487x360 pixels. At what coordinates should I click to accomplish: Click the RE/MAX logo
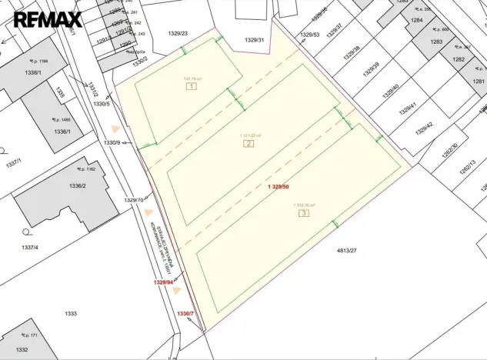[47, 19]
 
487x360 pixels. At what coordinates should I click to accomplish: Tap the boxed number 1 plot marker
[192, 87]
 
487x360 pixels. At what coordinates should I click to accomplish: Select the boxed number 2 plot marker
[249, 144]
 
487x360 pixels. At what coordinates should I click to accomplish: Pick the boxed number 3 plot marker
[304, 213]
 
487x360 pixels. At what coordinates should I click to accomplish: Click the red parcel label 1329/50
[279, 187]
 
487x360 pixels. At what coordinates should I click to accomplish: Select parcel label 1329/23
[178, 33]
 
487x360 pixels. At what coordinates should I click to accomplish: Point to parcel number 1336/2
[77, 185]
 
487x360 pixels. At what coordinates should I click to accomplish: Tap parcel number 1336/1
[62, 132]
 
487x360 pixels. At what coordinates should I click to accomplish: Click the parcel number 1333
[70, 314]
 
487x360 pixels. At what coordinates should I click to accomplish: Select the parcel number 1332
[22, 350]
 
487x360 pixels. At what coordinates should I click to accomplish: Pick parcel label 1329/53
[310, 35]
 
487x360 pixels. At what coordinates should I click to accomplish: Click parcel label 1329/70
[134, 200]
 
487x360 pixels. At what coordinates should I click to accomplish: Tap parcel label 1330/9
[112, 142]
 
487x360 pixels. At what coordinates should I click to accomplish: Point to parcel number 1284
[417, 20]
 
